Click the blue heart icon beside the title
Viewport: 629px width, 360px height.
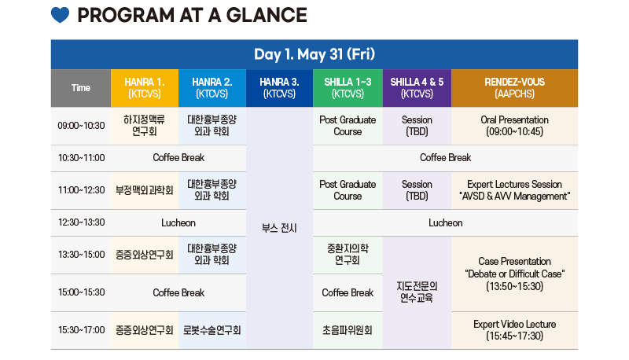60,15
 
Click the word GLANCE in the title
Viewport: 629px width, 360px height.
267,15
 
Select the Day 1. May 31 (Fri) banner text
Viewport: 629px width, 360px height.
314,54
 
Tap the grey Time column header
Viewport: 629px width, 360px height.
81,88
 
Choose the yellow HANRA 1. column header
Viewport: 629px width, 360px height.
145,88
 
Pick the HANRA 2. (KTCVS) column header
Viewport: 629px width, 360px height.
212,88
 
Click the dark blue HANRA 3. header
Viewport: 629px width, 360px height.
280,88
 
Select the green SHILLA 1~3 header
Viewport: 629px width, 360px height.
348,88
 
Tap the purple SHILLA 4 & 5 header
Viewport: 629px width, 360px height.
417,88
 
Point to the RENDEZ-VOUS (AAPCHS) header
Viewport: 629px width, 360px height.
515,88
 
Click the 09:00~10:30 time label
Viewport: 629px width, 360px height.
81,126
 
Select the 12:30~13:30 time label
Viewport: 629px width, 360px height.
81,222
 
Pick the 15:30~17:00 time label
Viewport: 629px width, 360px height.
81,330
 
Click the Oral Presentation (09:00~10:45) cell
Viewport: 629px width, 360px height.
515,126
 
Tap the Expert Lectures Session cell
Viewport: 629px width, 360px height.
515,190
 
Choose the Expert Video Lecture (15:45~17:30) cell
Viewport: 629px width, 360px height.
515,330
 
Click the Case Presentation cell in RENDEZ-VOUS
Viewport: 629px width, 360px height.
515,274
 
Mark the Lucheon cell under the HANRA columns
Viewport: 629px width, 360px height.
178,223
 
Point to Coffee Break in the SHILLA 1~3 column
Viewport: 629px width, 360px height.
348,293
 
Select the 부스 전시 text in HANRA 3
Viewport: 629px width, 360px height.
279,228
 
